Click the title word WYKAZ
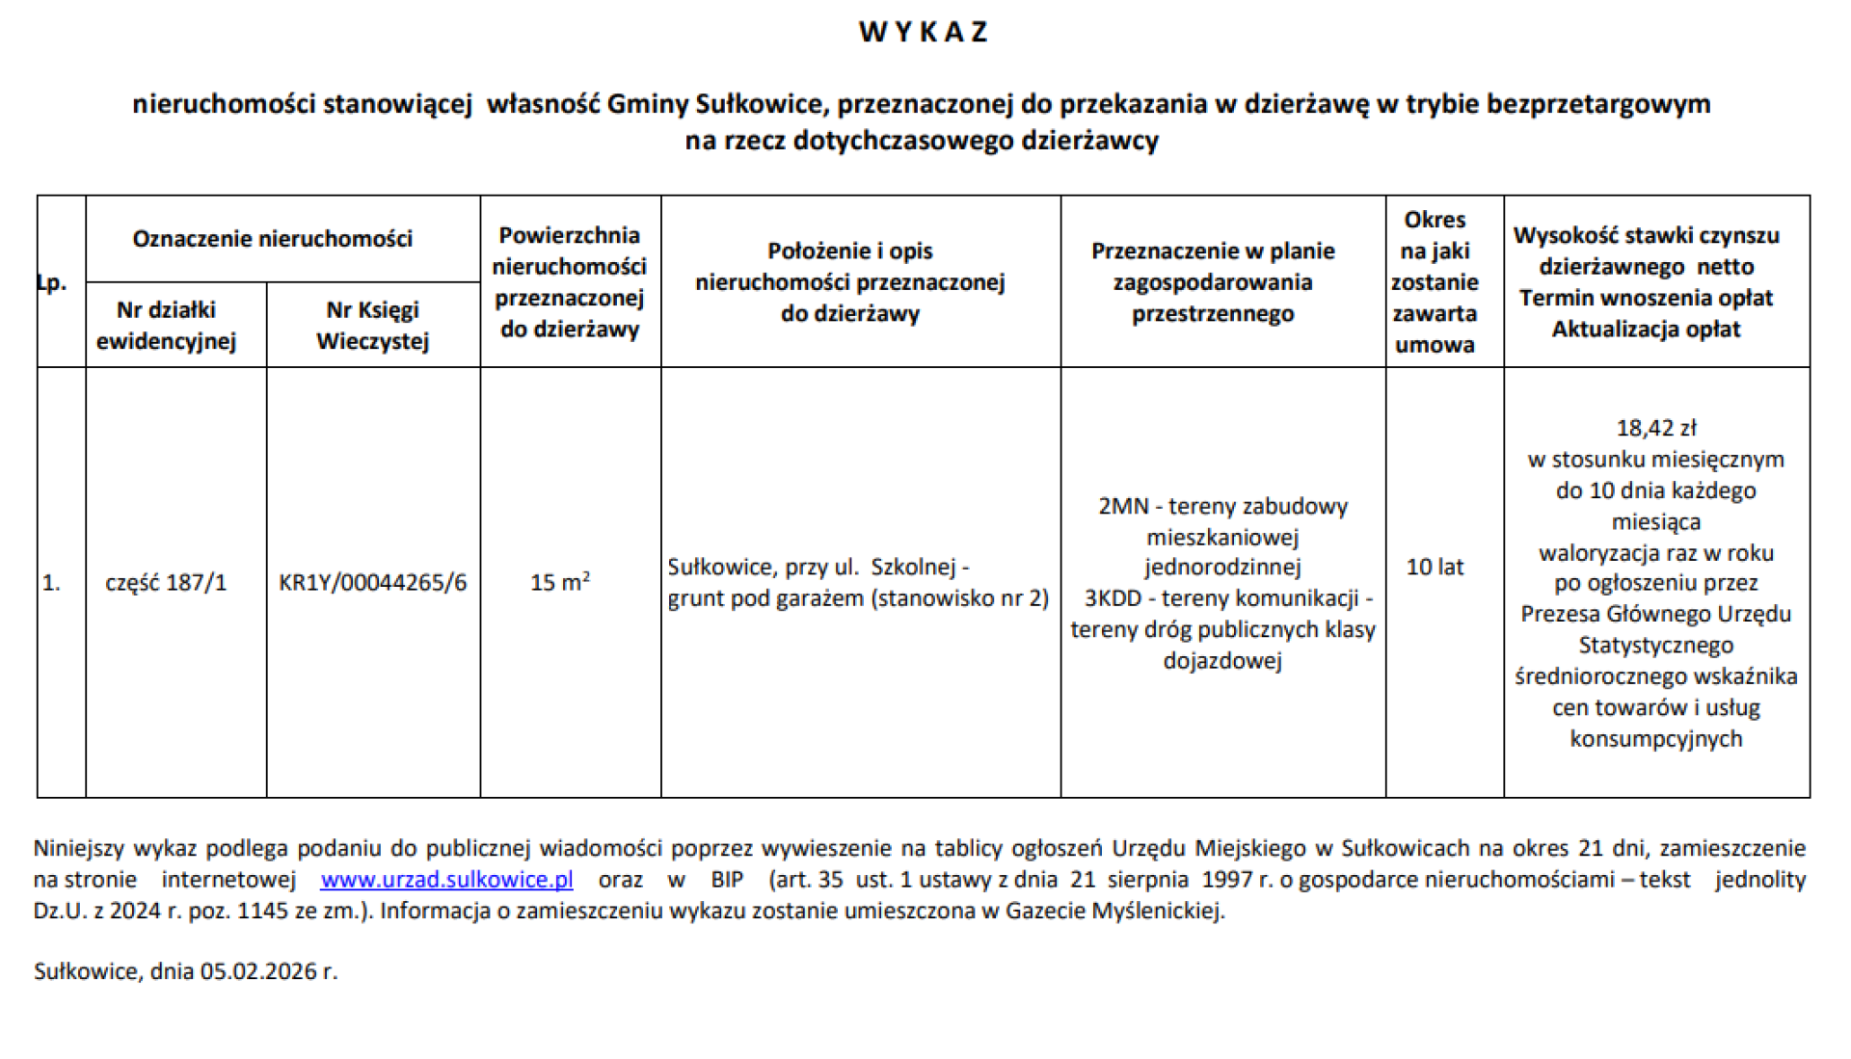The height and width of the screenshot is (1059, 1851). coord(924,32)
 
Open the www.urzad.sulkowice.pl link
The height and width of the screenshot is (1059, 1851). coord(446,880)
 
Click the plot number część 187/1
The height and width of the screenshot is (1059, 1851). coord(166,583)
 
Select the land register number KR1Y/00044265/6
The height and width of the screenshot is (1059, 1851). coord(372,583)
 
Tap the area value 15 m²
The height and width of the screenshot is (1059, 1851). coord(559,583)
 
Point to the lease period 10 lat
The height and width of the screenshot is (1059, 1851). coord(1435,568)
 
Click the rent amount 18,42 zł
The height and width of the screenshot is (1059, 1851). coord(1655,428)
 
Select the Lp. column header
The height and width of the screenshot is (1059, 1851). coord(52,282)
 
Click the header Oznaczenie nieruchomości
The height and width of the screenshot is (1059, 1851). coord(273,239)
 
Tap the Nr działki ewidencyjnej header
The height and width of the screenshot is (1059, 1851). coord(166,326)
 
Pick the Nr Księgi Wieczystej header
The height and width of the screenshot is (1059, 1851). coord(372,326)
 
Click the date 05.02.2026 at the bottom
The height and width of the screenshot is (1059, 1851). coord(257,971)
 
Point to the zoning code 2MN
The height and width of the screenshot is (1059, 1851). coord(1123,507)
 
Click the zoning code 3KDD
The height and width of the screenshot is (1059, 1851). coord(1113,598)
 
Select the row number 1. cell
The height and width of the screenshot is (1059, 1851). coord(51,583)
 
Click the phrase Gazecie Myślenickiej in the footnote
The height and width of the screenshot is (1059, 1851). coord(1113,911)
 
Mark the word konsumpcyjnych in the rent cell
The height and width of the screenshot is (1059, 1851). coord(1655,739)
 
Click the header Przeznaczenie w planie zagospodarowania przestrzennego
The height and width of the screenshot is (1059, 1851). coord(1213,282)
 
